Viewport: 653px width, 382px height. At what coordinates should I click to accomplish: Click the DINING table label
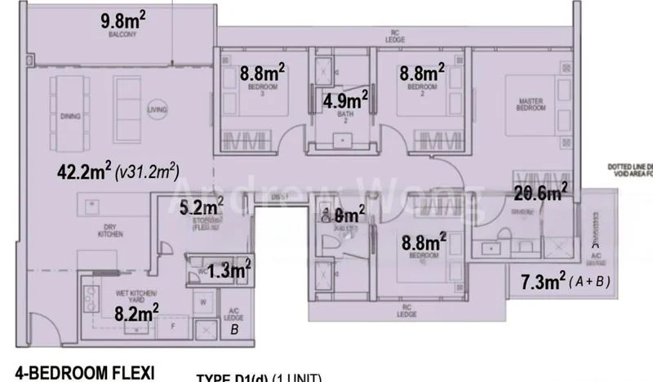[x=70, y=117]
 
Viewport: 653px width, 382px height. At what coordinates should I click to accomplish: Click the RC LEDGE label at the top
[x=394, y=36]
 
